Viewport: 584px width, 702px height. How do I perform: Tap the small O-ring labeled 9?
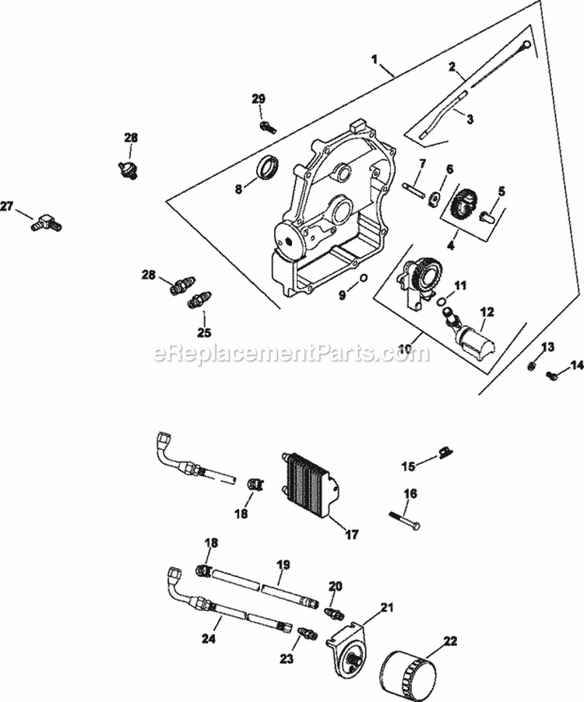(364, 279)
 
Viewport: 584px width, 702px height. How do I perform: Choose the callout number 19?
(283, 563)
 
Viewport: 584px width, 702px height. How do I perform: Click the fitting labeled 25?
(202, 300)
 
